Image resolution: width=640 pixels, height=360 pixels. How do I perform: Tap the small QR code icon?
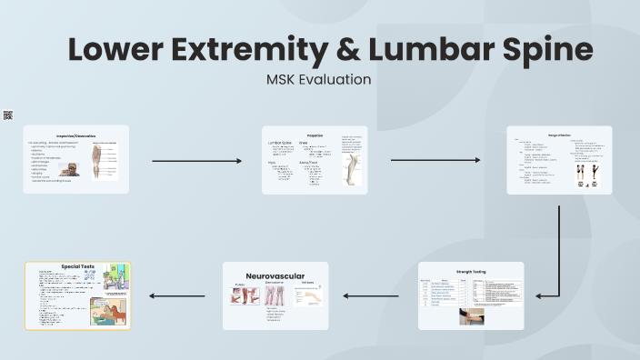pos(8,115)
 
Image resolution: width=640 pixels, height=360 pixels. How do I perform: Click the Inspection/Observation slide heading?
pos(76,135)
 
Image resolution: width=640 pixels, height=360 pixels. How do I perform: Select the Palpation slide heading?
pos(315,135)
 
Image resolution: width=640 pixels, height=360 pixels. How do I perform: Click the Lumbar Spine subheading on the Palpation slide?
pos(280,143)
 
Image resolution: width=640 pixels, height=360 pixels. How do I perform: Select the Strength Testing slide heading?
pos(471,271)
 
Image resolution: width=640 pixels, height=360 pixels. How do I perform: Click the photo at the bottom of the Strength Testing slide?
pos(472,315)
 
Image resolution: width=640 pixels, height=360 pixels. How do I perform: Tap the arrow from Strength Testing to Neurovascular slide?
pos(373,295)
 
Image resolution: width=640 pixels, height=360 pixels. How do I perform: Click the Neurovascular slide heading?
pos(275,275)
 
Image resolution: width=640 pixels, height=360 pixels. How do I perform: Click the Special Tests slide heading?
pos(78,266)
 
